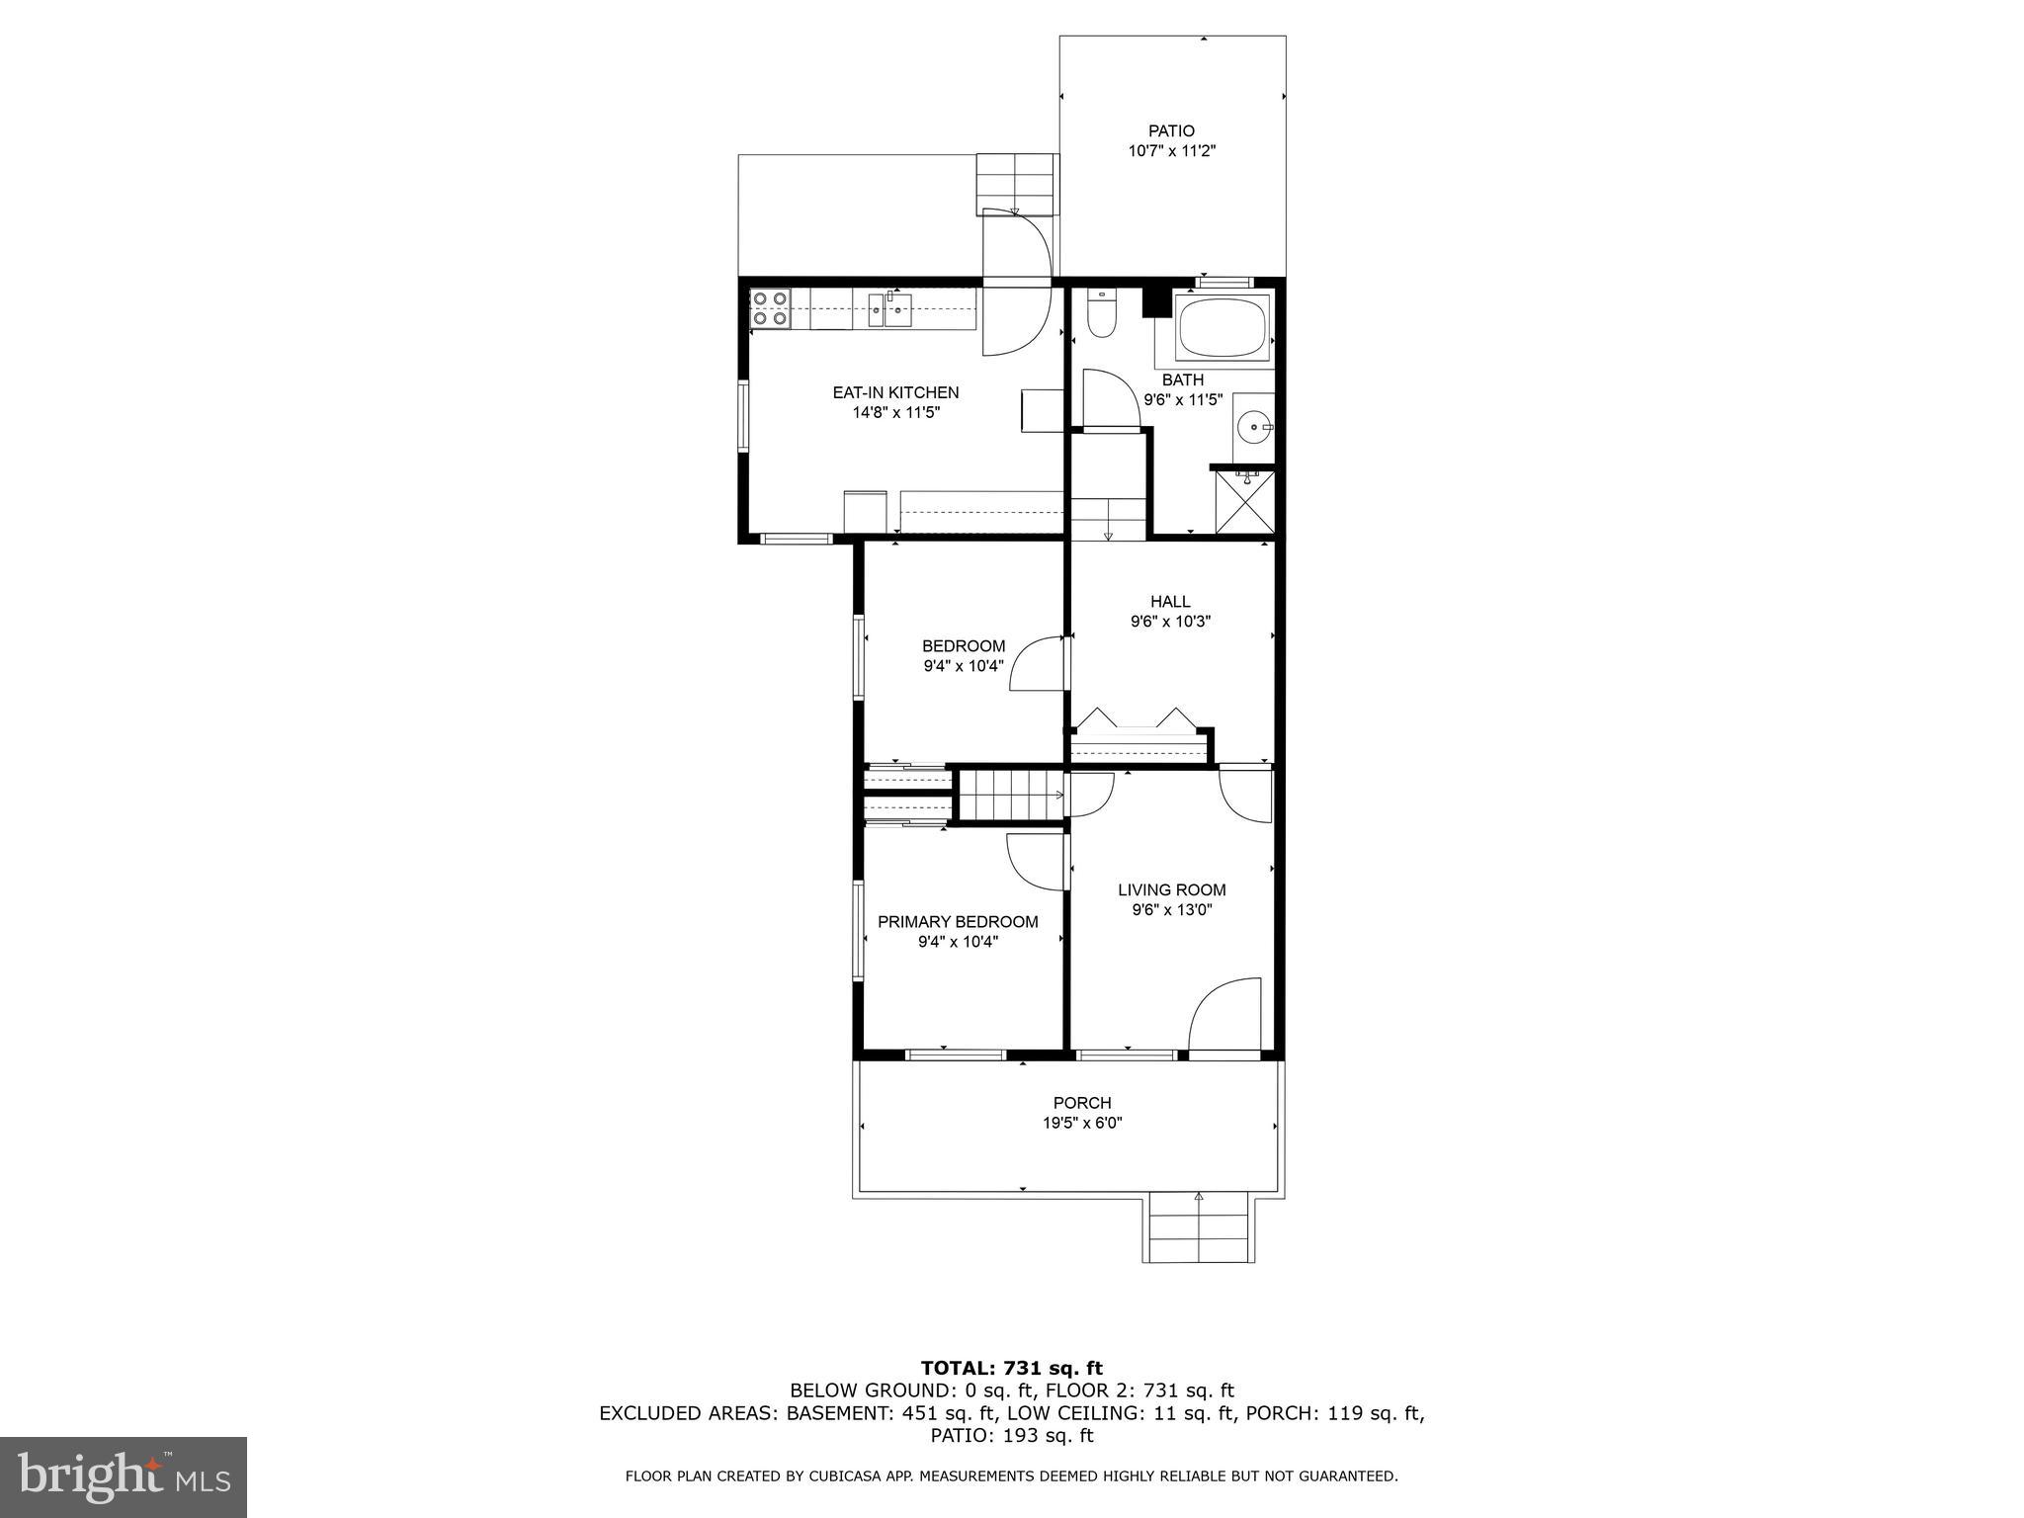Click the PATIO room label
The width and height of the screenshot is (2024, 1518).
[1171, 130]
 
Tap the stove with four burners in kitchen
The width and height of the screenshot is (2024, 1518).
[769, 307]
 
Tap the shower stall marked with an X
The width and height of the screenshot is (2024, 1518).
[1245, 502]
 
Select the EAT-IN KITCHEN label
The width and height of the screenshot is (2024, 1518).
[895, 392]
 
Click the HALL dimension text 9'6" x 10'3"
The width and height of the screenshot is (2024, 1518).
[1171, 622]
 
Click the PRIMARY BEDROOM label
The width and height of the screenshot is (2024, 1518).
[958, 922]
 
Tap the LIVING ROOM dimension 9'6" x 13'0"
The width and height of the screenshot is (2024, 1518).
[1172, 910]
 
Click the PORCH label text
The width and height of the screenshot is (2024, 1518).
[1082, 1103]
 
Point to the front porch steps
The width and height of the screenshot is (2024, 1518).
[1200, 1228]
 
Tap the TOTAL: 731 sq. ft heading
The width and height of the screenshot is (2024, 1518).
[1012, 1369]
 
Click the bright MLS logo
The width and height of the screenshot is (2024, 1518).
[123, 1477]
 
